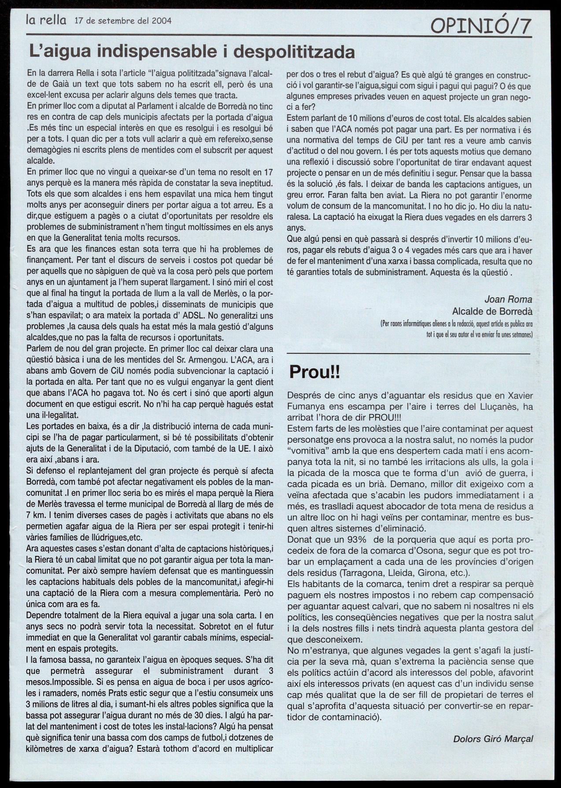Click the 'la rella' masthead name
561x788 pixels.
pyautogui.click(x=46, y=20)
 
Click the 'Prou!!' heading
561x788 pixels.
pyautogui.click(x=314, y=372)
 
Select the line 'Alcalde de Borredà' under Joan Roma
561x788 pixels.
pyautogui.click(x=492, y=311)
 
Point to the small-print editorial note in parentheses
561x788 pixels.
pyautogui.click(x=457, y=329)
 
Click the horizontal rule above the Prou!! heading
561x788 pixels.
pyautogui.click(x=408, y=354)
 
